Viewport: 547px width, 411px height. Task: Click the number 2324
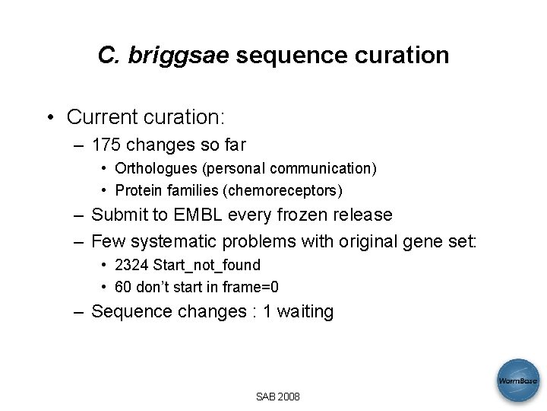click(131, 265)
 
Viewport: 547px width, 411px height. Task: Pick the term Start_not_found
click(207, 265)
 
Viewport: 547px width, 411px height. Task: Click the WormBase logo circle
click(518, 380)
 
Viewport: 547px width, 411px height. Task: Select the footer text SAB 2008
click(277, 397)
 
